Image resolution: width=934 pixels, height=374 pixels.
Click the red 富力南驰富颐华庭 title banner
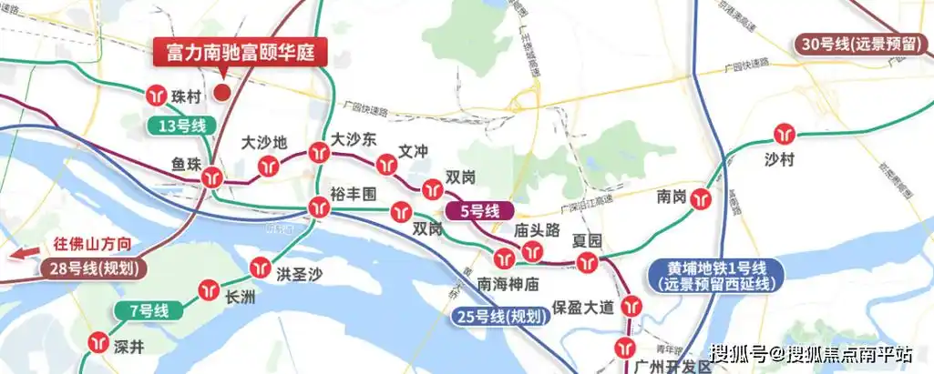(x=241, y=51)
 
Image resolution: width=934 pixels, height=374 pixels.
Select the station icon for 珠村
(x=157, y=95)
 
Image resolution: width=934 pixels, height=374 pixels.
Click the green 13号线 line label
(x=178, y=126)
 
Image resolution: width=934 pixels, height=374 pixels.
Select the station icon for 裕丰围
(x=317, y=207)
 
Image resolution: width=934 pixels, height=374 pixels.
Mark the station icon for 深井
(x=99, y=344)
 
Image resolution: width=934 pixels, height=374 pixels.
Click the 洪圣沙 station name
(x=302, y=273)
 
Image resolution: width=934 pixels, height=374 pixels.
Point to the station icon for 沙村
(x=783, y=135)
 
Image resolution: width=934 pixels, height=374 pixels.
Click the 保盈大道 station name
(x=588, y=308)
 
